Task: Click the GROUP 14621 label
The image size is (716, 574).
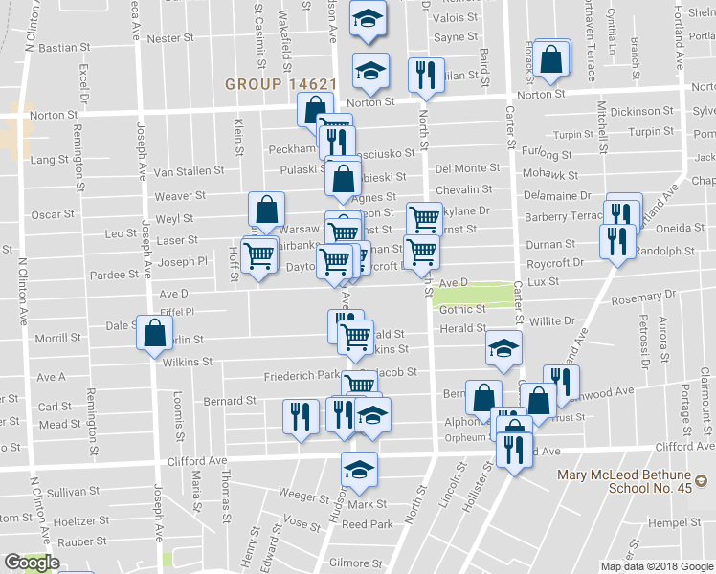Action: point(280,84)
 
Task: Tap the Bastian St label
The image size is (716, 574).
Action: point(66,46)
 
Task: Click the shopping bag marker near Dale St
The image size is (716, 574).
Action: point(154,334)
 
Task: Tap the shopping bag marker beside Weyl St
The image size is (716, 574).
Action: point(267,210)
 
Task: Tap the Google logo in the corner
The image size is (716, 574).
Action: point(32,563)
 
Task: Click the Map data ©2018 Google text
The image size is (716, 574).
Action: point(657,566)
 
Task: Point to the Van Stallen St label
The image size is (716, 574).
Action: point(189,171)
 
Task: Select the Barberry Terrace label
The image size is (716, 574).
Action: point(565,216)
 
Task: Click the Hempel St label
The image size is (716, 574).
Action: point(666,523)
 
